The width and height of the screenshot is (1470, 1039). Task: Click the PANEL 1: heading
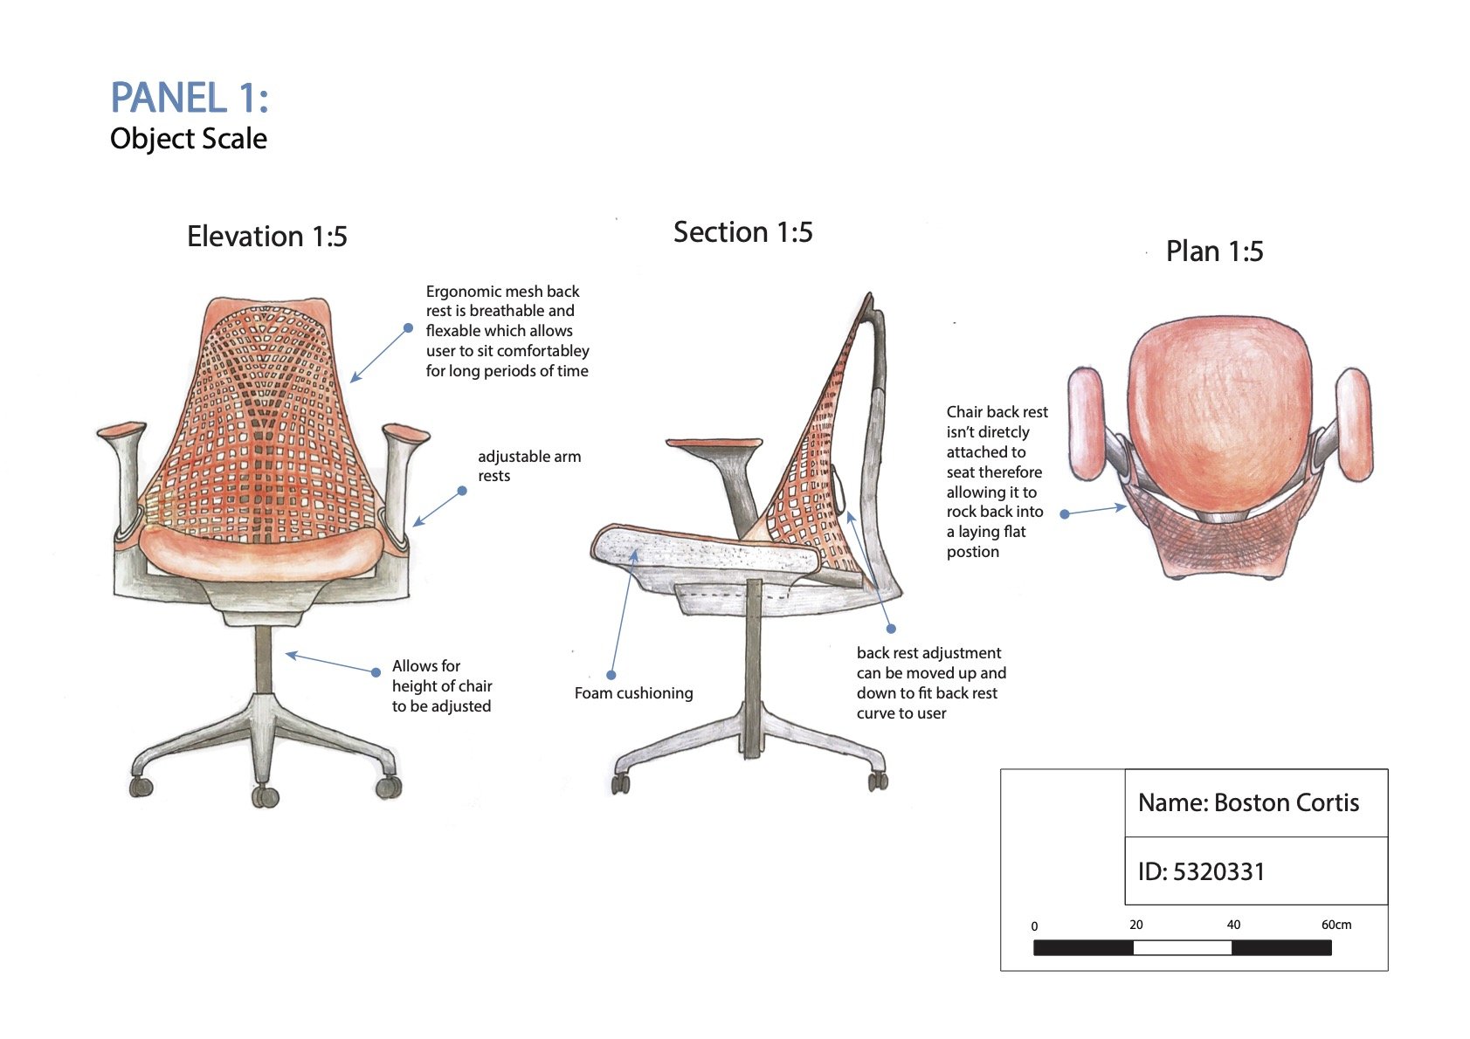pyautogui.click(x=189, y=98)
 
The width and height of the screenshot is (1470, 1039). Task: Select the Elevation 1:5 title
pyautogui.click(x=266, y=237)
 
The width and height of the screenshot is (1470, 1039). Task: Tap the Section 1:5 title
pyautogui.click(x=742, y=232)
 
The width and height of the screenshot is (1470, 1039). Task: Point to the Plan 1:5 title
pyautogui.click(x=1214, y=251)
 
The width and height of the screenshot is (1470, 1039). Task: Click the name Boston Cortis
pyautogui.click(x=1286, y=803)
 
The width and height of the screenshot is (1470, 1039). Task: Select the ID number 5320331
pyautogui.click(x=1218, y=871)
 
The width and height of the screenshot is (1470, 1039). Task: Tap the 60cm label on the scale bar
pyautogui.click(x=1335, y=925)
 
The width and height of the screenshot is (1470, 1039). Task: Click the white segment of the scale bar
pyautogui.click(x=1182, y=947)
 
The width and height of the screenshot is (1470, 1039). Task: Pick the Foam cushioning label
pyautogui.click(x=633, y=693)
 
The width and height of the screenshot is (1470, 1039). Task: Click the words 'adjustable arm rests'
pyautogui.click(x=528, y=466)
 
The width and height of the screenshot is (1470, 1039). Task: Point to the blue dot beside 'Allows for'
pyautogui.click(x=376, y=672)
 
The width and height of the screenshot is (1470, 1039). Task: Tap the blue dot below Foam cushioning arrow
pyautogui.click(x=611, y=675)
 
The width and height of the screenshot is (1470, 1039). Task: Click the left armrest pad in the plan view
pyautogui.click(x=1087, y=423)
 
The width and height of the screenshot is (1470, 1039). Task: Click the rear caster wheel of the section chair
pyautogui.click(x=877, y=781)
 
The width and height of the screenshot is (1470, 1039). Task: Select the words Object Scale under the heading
pyautogui.click(x=189, y=139)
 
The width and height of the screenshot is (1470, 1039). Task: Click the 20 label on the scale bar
pyautogui.click(x=1135, y=925)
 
